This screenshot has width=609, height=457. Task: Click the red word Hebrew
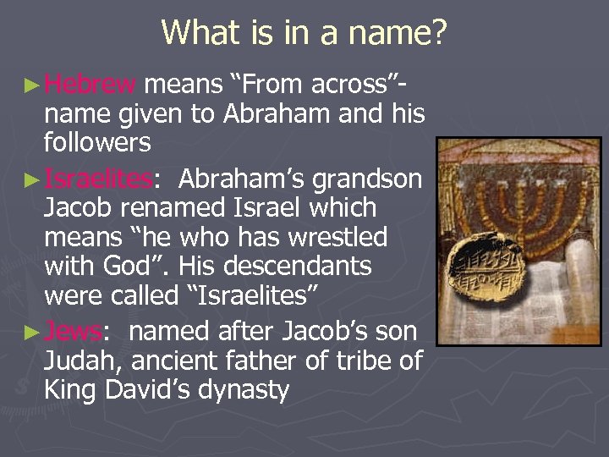click(x=90, y=84)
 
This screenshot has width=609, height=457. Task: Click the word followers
click(x=97, y=142)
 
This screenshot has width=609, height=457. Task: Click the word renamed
click(x=180, y=208)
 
